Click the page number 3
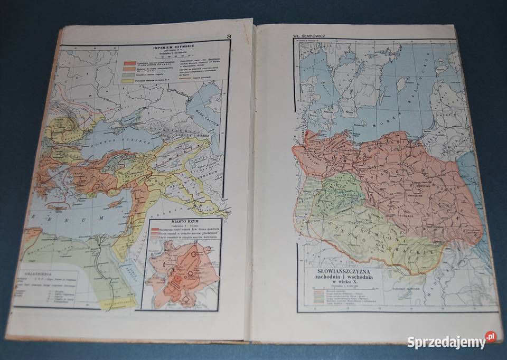tap(228, 36)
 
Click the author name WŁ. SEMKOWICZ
tap(312, 37)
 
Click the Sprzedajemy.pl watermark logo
tap(451, 340)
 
